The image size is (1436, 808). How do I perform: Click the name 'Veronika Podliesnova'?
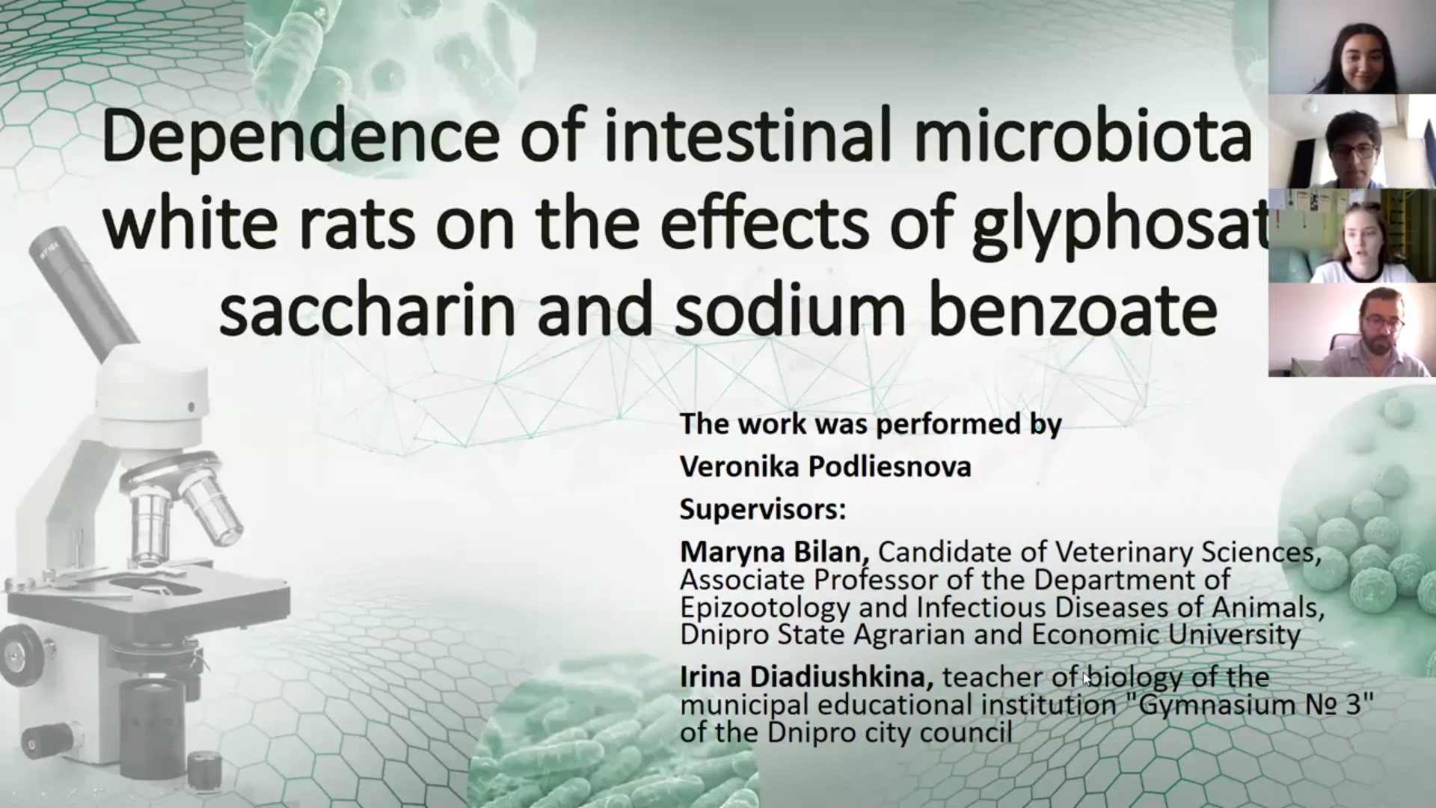pyautogui.click(x=826, y=467)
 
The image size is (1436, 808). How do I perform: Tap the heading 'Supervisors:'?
pyautogui.click(x=763, y=510)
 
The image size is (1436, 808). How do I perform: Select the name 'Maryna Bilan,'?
pyautogui.click(x=774, y=553)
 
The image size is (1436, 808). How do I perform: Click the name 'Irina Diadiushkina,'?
pyautogui.click(x=806, y=678)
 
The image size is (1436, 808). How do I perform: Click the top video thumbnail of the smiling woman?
pyautogui.click(x=1352, y=47)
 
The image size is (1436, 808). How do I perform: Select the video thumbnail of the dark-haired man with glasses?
pyautogui.click(x=1352, y=141)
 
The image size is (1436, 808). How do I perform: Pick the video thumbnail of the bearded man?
pyautogui.click(x=1352, y=330)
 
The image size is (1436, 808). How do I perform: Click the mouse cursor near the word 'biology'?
pyautogui.click(x=1087, y=679)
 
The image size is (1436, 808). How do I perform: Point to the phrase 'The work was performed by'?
pyautogui.click(x=871, y=424)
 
